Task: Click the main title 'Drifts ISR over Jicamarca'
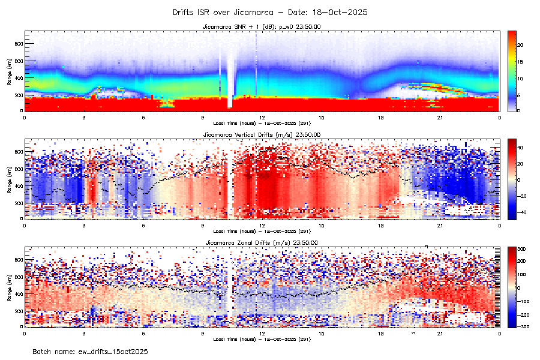click(x=270, y=12)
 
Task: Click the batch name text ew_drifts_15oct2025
click(x=90, y=351)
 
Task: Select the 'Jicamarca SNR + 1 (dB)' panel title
click(x=262, y=26)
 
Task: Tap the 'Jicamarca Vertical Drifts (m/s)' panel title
click(x=262, y=134)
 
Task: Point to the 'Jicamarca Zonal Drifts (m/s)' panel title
click(x=262, y=242)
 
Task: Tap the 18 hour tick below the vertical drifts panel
click(x=381, y=224)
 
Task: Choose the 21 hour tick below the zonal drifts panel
click(x=440, y=332)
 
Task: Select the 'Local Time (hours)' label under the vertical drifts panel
click(x=262, y=231)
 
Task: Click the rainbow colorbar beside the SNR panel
click(x=512, y=70)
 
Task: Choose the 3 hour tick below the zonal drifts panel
click(x=84, y=332)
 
